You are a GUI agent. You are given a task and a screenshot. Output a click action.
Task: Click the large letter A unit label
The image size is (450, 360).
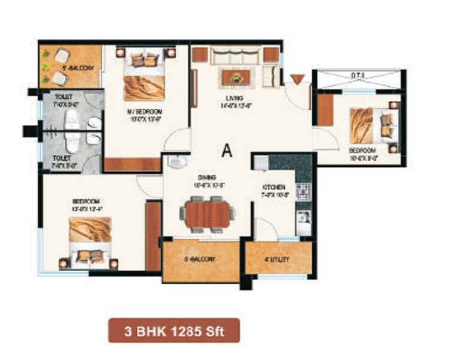click(227, 151)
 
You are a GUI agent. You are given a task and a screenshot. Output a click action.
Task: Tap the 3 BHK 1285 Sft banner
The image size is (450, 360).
click(174, 330)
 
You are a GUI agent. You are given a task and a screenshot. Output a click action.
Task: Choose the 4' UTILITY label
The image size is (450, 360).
click(278, 260)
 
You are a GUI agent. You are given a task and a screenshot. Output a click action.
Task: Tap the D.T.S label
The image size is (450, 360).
click(358, 75)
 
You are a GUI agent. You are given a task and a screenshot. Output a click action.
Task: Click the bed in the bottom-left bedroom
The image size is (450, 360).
click(90, 240)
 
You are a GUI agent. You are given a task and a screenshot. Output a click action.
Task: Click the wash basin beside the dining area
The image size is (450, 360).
click(176, 162)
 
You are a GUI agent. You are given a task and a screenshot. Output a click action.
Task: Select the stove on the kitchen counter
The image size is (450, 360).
click(304, 190)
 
